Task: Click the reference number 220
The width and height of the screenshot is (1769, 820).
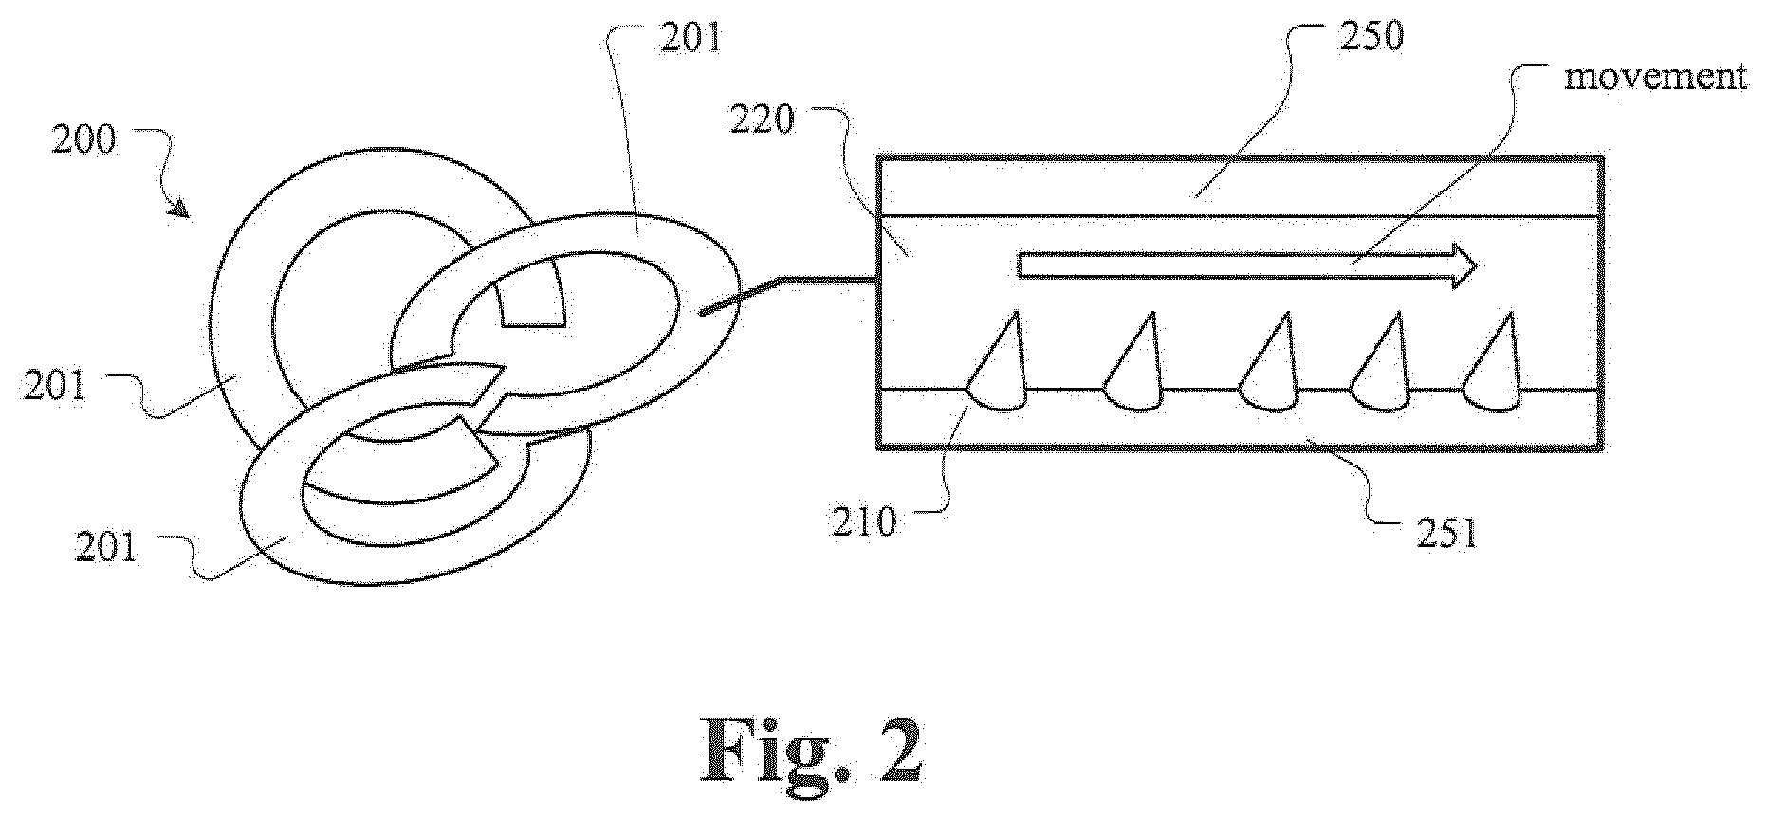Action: [x=761, y=120]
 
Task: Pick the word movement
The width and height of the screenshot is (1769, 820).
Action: [x=1654, y=76]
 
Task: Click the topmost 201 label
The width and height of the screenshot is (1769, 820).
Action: [x=691, y=38]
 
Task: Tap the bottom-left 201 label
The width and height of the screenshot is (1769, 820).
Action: [x=107, y=548]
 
